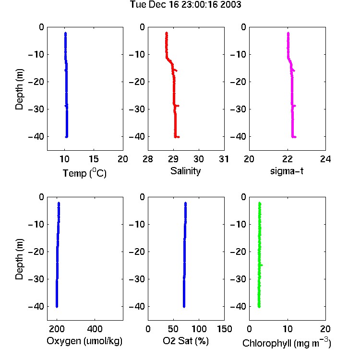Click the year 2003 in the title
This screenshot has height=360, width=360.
230,5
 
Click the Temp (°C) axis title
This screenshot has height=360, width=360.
84,173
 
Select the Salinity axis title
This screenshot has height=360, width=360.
185,171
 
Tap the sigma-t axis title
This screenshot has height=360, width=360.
287,171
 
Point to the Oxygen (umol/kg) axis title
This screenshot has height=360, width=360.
84,341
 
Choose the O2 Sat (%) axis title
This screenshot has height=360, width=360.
185,341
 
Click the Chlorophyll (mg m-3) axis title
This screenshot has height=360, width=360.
287,343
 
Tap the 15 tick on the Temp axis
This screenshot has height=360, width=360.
94,159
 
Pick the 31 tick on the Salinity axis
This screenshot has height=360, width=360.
224,159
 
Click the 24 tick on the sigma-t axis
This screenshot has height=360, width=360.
325,159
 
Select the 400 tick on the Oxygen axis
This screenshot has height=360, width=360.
95,329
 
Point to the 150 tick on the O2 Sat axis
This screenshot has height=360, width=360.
224,329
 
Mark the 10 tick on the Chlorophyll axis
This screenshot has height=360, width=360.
288,329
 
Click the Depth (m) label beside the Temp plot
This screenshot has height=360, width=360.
19,89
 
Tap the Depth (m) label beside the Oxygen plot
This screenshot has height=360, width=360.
19,259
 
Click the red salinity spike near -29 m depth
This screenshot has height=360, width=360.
177,106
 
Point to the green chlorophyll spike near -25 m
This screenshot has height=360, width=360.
261,265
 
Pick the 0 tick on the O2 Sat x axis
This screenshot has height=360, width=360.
148,329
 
